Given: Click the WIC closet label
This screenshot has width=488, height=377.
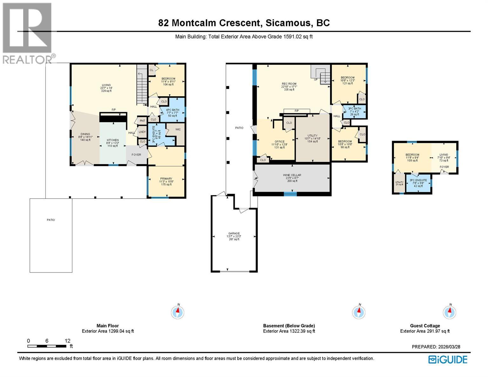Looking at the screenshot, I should click(178, 129).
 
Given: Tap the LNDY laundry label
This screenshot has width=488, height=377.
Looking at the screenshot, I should click(142, 132).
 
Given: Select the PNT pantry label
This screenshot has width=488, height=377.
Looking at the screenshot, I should click(142, 121).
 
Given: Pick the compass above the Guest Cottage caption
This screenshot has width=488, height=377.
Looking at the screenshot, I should click(450, 312).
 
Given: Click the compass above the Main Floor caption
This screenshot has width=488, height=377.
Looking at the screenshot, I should click(178, 312).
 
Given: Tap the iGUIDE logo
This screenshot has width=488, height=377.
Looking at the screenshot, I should click(448, 360).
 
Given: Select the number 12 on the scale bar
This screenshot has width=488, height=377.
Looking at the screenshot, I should click(67, 341).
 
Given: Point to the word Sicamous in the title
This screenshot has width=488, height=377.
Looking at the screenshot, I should click(288, 23).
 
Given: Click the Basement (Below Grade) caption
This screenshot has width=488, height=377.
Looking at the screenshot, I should click(289, 326).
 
